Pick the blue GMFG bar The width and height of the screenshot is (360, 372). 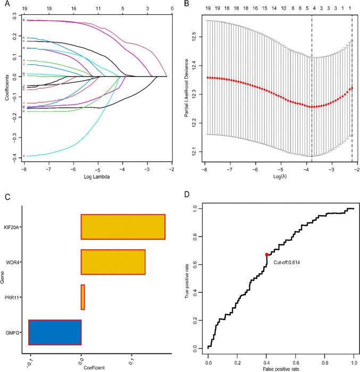pyautogui.click(x=55, y=333)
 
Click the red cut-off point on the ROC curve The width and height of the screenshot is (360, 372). pyautogui.click(x=266, y=255)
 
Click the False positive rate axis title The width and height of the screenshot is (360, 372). pyautogui.click(x=281, y=368)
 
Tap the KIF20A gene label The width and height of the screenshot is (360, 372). pyautogui.click(x=11, y=226)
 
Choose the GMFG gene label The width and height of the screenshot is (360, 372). pyautogui.click(x=12, y=333)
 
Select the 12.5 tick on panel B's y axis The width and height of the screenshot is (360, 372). pyautogui.click(x=194, y=36)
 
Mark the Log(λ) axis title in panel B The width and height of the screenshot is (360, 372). pyautogui.click(x=280, y=176)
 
